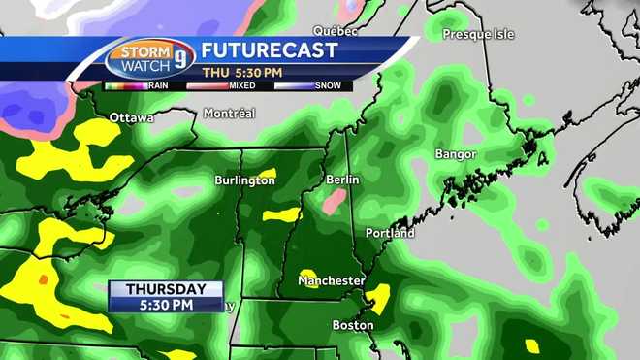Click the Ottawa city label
[132, 118]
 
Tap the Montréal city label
[229, 114]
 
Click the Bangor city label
[456, 154]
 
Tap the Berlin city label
[342, 180]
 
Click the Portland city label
[390, 233]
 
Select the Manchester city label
[331, 280]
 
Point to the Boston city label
[353, 325]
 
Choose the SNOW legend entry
[331, 86]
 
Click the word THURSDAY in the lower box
[166, 289]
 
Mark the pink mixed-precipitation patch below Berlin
[333, 202]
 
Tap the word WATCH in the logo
[143, 67]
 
